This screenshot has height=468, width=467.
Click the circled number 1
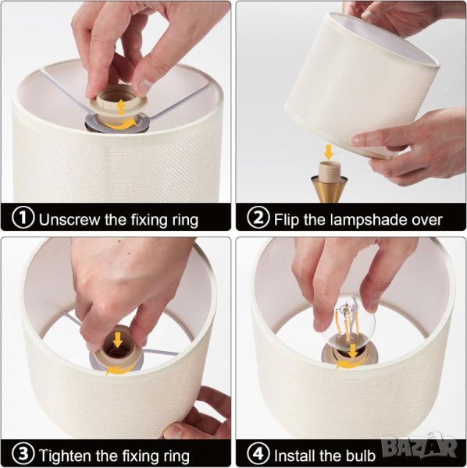coord(23,218)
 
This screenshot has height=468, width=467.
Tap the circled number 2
coord(258,218)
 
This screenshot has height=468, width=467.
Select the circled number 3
coord(23,454)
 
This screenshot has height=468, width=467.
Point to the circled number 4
coord(258,454)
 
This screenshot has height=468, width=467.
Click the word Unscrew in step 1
coord(70,220)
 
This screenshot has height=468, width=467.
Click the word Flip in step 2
coord(287,220)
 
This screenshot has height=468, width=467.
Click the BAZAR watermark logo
coord(420,446)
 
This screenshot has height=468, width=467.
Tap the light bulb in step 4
coord(351,324)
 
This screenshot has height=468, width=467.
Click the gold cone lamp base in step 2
coord(329,188)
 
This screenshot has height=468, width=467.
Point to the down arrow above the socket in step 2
coord(328,151)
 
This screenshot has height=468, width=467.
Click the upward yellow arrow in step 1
coord(121,108)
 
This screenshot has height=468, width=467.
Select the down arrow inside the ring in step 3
coord(117,340)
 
